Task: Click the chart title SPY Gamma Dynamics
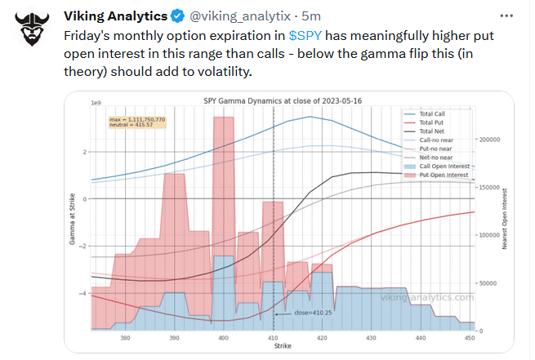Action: (x=277, y=102)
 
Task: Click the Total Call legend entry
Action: (x=436, y=114)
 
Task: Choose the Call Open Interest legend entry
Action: (x=448, y=167)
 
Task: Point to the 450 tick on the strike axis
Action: (x=469, y=337)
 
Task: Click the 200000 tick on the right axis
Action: (x=494, y=140)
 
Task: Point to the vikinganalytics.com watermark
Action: (x=426, y=298)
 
